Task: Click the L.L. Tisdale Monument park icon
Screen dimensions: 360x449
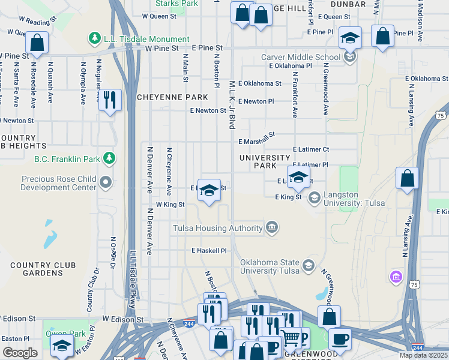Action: pos(94,39)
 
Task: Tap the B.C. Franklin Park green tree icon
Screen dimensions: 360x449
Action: pos(109,158)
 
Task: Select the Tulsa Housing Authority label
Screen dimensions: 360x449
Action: pos(217,228)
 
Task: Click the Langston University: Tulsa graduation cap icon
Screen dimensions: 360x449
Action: pos(314,197)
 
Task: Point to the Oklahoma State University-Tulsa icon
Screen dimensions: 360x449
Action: pos(308,265)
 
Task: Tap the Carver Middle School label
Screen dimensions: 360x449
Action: pos(300,58)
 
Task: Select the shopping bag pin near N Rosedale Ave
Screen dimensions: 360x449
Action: pos(37,43)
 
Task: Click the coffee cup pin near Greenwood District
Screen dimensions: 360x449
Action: pos(340,338)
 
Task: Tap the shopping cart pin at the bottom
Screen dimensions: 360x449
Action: pos(292,339)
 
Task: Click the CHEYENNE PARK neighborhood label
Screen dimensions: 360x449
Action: pos(173,97)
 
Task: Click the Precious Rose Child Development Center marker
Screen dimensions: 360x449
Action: pos(106,181)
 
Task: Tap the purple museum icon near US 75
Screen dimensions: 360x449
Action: pos(396,277)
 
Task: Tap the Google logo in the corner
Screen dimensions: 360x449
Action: pos(20,353)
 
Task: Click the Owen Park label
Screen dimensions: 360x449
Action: pos(65,333)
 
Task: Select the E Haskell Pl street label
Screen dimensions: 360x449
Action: pos(209,250)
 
